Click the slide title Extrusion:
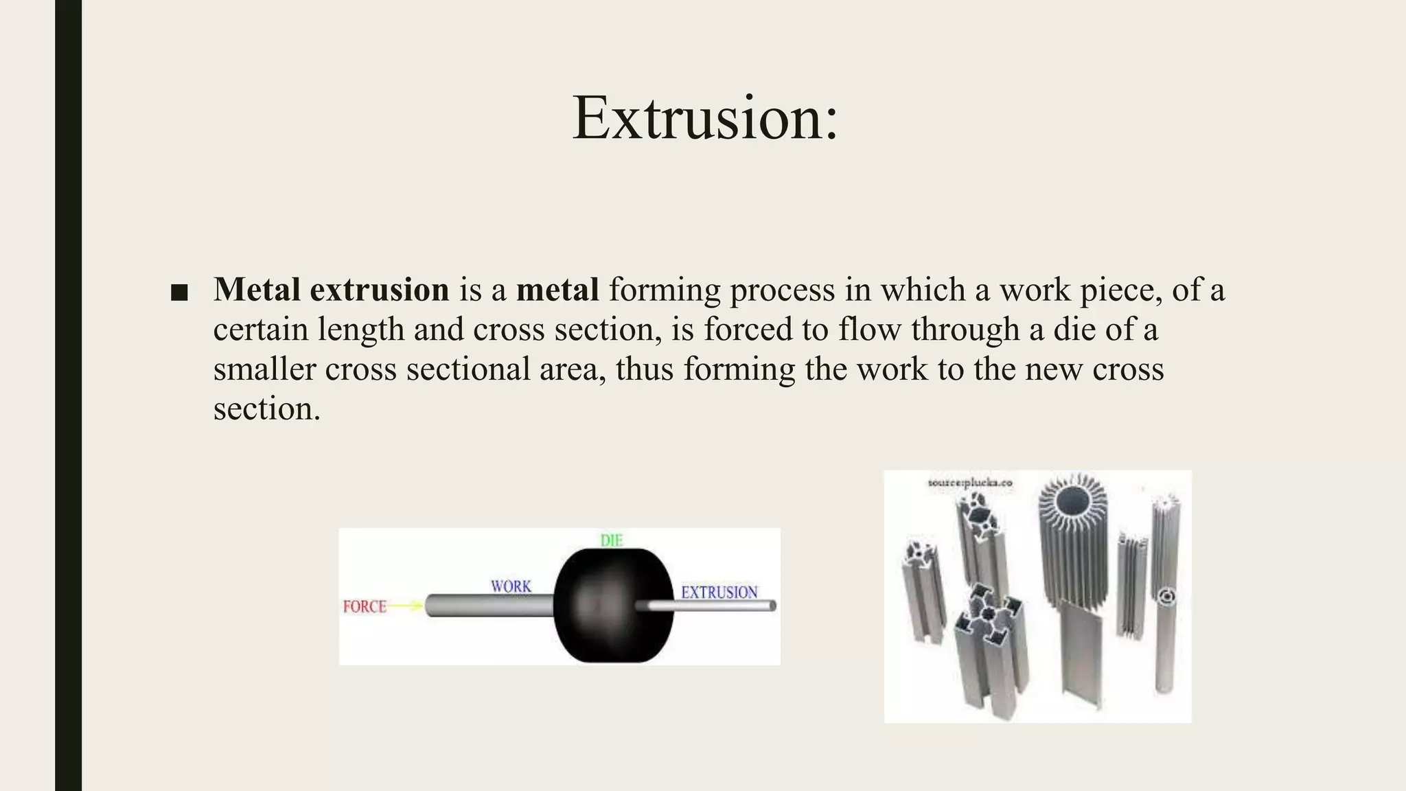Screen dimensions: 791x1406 pyautogui.click(x=704, y=118)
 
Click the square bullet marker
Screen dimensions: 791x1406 pyautogui.click(x=178, y=293)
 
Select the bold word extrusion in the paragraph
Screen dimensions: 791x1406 pyautogui.click(x=379, y=290)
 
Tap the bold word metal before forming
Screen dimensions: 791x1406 pyautogui.click(x=557, y=290)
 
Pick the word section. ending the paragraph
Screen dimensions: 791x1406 pyautogui.click(x=266, y=409)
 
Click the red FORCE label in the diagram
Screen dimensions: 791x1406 pyautogui.click(x=365, y=606)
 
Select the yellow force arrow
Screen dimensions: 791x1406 pyautogui.click(x=406, y=606)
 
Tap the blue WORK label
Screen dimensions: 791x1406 pyautogui.click(x=511, y=586)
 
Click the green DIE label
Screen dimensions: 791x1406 pyautogui.click(x=611, y=540)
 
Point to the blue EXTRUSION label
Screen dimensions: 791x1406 pyautogui.click(x=719, y=592)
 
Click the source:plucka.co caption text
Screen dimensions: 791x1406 pyautogui.click(x=969, y=483)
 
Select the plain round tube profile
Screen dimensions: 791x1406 pyautogui.click(x=1165, y=639)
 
